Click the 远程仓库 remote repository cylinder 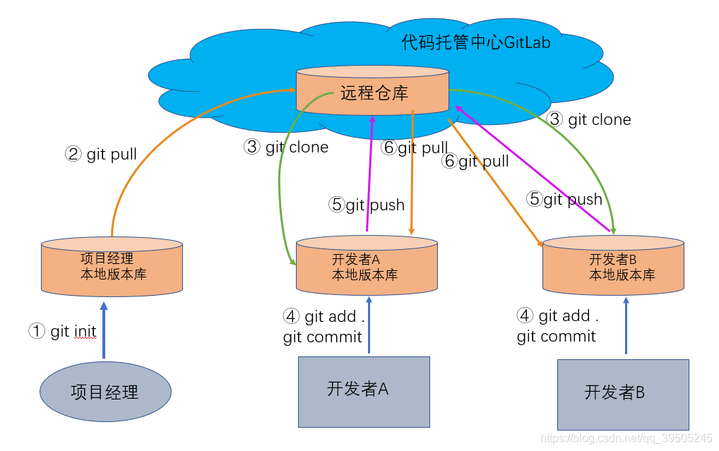pos(372,92)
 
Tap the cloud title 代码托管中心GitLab pos(476,43)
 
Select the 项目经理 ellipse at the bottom pos(105,392)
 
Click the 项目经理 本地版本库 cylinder pos(112,267)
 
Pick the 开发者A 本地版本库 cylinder pos(366,267)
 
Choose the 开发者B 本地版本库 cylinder pos(613,267)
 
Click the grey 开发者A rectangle pos(364,391)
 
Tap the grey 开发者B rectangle pos(622,394)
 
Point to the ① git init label pos(63,331)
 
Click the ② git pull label pos(101,154)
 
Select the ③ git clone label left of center pos(286,148)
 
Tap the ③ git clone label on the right pos(589,119)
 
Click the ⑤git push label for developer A pos(367,205)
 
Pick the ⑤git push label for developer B pos(564,200)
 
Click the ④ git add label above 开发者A pos(323,317)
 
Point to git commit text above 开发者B pos(557,336)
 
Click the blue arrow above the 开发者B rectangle pos(625,325)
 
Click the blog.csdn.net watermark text pos(626,438)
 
